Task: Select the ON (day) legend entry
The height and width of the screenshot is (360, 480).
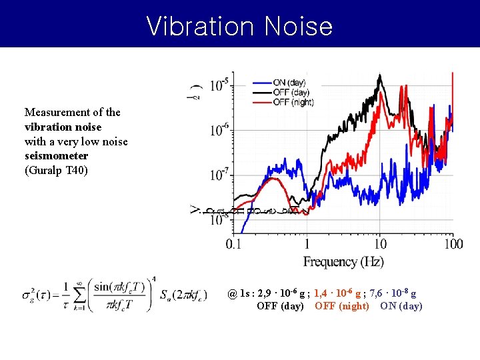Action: pos(289,82)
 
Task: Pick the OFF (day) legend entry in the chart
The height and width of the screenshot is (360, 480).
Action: pos(291,92)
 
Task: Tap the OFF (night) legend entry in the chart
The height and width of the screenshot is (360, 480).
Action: pos(293,102)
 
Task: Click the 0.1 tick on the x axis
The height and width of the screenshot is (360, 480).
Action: pos(234,245)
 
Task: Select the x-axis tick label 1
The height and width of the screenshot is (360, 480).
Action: pos(307,245)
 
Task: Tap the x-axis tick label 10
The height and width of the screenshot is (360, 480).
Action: pos(379,245)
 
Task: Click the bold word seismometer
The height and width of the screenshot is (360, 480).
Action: pos(56,155)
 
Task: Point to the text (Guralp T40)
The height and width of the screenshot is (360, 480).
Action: pos(55,170)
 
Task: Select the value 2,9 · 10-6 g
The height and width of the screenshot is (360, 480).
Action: pos(281,293)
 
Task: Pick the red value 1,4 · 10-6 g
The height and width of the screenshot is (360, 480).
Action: pos(338,293)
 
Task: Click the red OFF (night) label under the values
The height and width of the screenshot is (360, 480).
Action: pos(341,306)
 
